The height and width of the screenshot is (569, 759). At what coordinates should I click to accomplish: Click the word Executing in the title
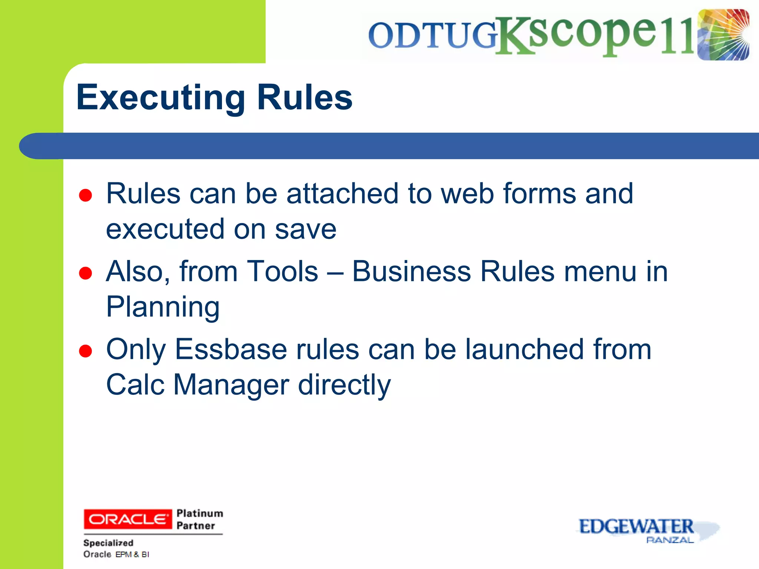click(160, 97)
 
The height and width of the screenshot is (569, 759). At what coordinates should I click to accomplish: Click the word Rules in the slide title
click(304, 97)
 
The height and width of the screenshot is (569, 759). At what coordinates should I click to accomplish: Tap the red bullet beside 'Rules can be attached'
click(86, 195)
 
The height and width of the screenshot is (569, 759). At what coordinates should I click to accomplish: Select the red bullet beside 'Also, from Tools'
click(86, 273)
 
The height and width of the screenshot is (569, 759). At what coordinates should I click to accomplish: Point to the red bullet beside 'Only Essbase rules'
click(86, 351)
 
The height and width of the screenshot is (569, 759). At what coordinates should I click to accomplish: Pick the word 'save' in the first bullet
click(305, 229)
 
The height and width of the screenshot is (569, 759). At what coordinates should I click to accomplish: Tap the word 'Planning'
click(163, 307)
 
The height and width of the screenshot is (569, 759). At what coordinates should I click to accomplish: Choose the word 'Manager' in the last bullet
click(231, 385)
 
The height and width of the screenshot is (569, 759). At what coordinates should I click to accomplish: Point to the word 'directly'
click(344, 385)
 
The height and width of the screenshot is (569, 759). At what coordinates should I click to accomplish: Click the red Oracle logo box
click(128, 519)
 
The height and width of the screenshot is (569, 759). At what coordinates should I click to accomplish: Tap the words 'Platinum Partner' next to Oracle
click(199, 519)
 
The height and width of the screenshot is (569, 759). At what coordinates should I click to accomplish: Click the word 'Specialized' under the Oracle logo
click(108, 543)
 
